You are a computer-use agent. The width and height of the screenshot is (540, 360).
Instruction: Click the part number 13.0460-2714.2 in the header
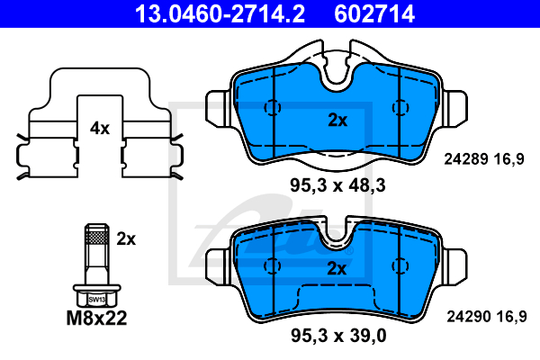pos(220,13)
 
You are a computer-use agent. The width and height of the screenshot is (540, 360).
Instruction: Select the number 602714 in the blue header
pos(374,13)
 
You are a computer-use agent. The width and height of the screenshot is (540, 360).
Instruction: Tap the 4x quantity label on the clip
pos(100,128)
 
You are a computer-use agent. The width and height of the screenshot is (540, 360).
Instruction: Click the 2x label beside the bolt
pos(126,238)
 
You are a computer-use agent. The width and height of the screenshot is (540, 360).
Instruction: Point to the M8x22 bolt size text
pos(97,318)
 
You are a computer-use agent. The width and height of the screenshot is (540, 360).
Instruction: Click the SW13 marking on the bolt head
pos(97,300)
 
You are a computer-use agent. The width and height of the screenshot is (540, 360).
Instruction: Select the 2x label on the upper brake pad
pos(337,120)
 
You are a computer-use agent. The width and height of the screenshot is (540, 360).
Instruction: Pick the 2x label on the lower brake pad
pos(337,268)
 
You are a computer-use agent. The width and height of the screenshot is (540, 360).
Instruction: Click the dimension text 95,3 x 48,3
pos(337,185)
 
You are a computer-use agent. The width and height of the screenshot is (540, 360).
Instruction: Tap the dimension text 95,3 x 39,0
pos(338,335)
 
